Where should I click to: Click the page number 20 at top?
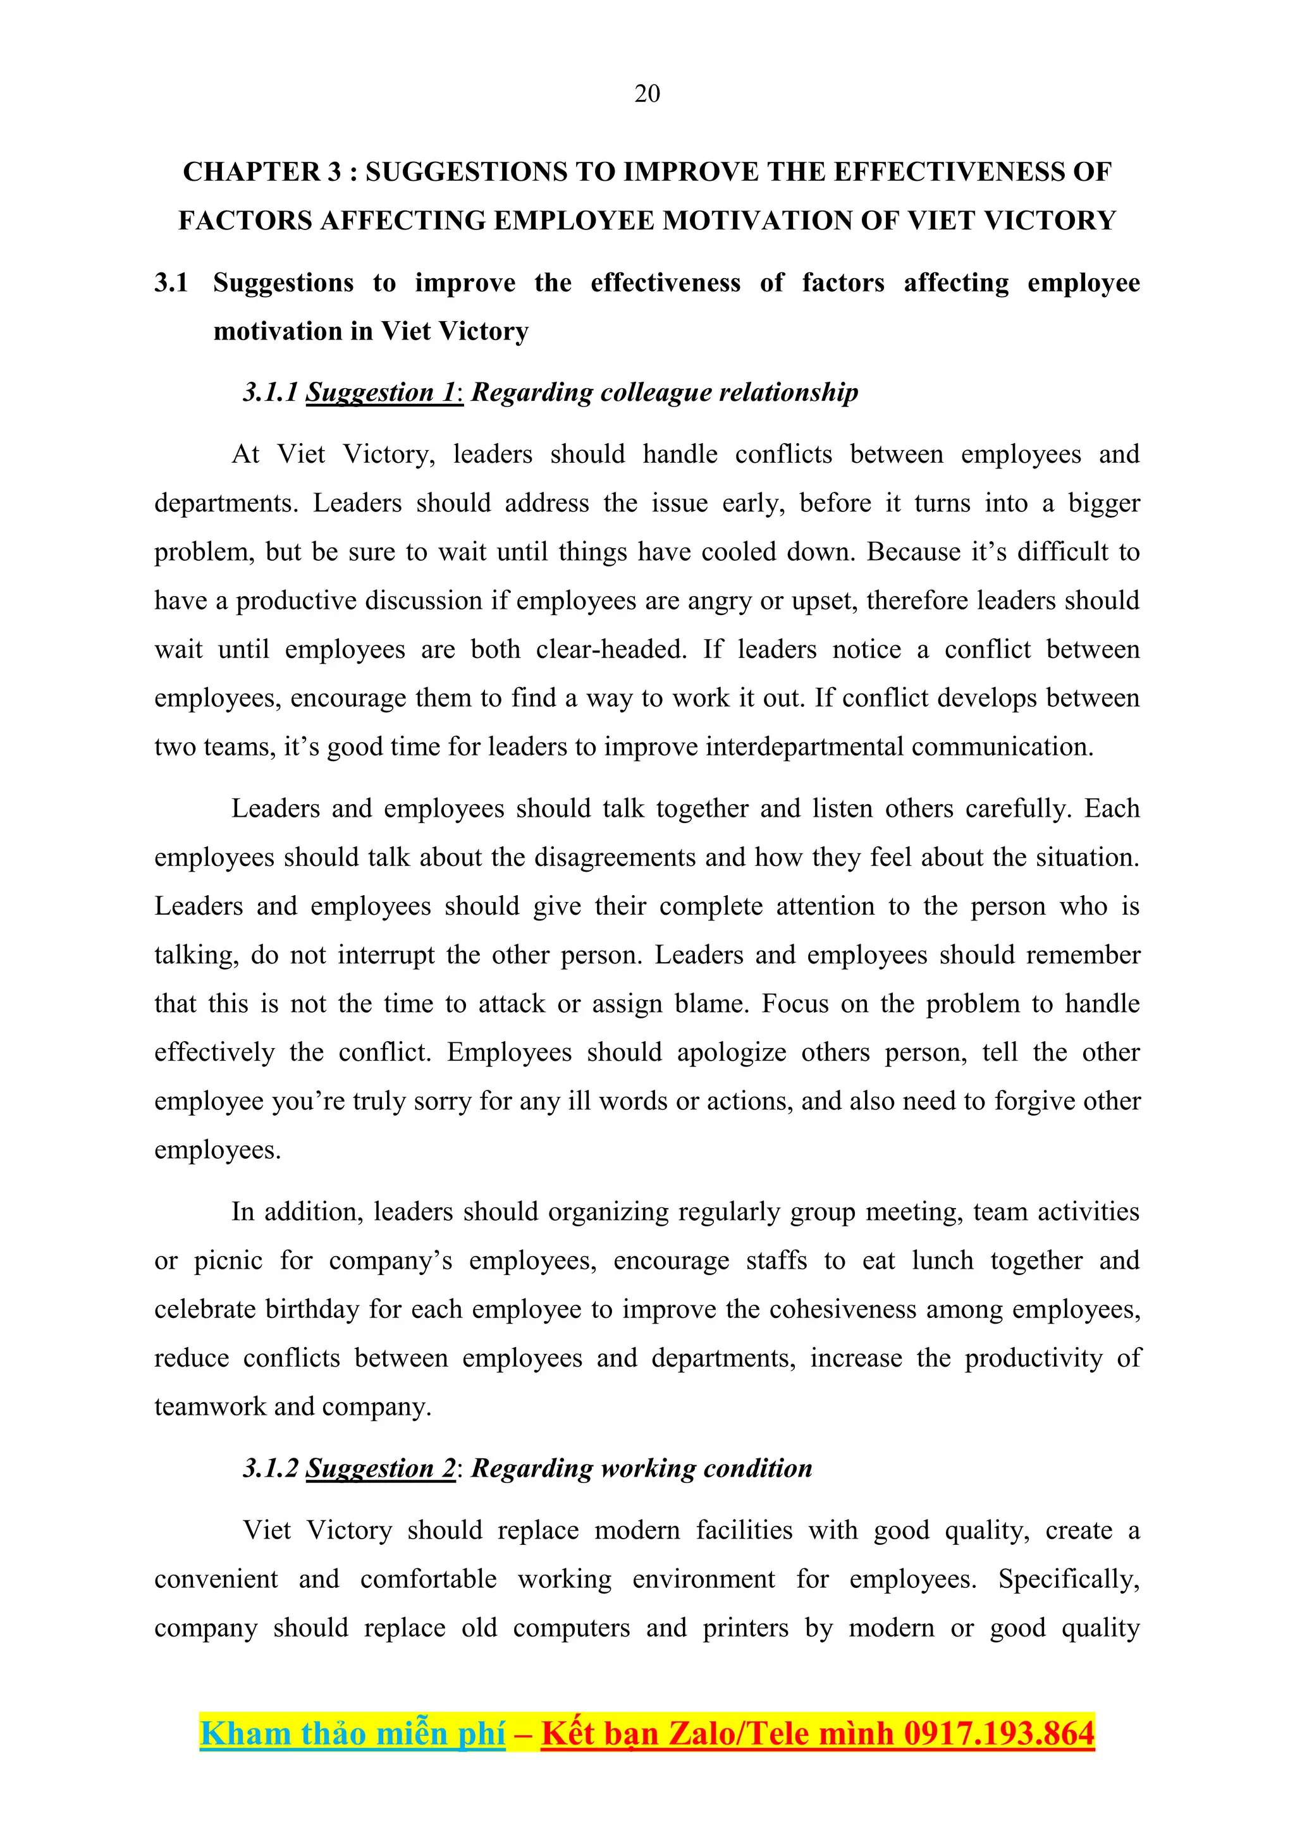[647, 94]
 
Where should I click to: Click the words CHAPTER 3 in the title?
[262, 172]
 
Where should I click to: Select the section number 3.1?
[171, 283]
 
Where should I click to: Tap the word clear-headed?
[610, 650]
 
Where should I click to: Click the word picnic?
[228, 1261]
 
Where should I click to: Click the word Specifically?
[1069, 1580]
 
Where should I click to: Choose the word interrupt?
[385, 956]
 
